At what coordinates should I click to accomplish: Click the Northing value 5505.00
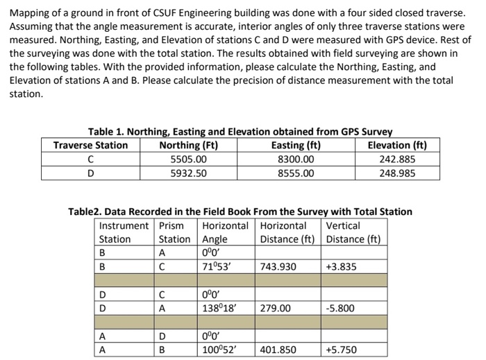click(x=188, y=159)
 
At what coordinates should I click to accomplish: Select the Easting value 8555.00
click(x=296, y=173)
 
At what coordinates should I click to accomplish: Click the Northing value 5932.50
click(x=188, y=173)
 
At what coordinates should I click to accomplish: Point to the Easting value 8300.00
click(x=296, y=159)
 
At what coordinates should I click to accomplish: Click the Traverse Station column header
click(x=90, y=145)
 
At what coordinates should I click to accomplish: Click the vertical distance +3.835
click(x=340, y=266)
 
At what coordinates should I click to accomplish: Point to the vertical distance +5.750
click(x=340, y=350)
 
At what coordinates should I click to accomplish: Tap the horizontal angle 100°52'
click(x=217, y=350)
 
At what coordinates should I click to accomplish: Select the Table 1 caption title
click(x=240, y=132)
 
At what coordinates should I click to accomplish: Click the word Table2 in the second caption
click(x=83, y=212)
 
